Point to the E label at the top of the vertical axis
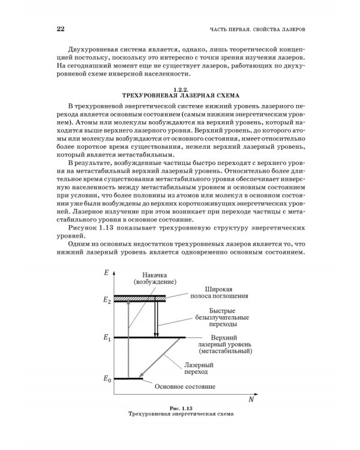point(106,273)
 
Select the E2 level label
point(107,299)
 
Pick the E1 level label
point(107,338)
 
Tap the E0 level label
point(107,379)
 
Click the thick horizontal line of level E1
point(156,337)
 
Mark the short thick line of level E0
point(128,378)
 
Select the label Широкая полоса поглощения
point(215,293)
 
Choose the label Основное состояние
point(185,386)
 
